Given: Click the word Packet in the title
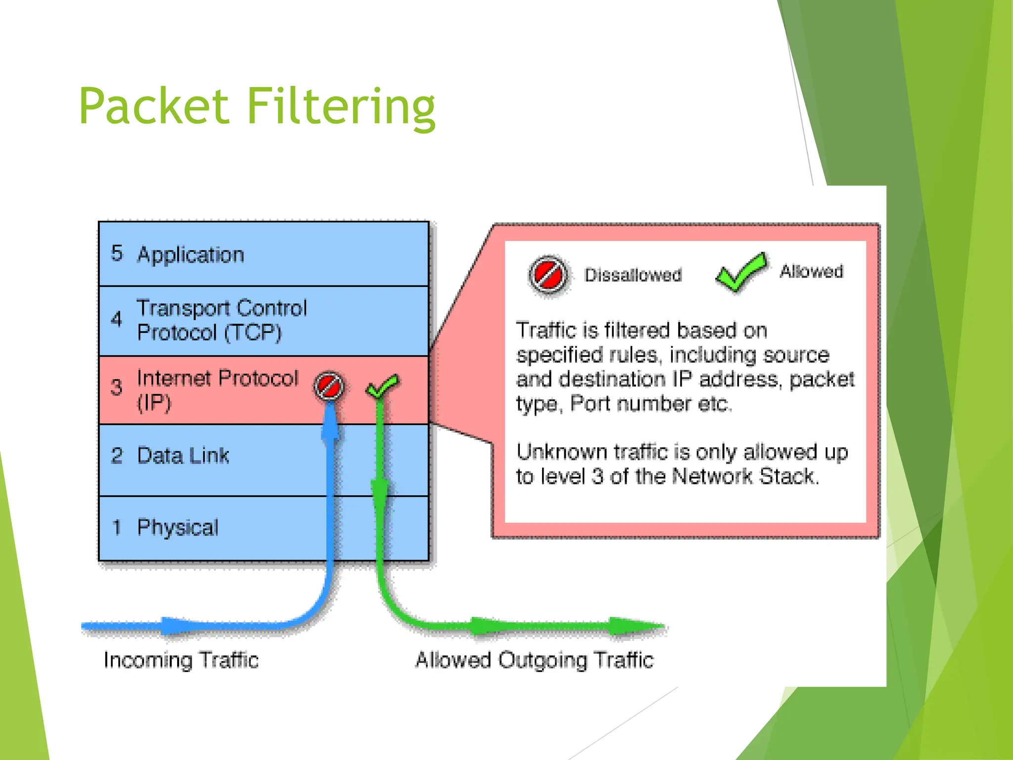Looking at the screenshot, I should [154, 106].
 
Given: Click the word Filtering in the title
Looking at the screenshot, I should [341, 107].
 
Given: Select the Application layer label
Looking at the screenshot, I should [190, 254].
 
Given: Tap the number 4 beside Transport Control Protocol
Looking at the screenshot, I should [116, 319].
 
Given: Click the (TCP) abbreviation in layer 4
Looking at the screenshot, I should [253, 332].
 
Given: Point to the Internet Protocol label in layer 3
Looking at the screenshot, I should [217, 379].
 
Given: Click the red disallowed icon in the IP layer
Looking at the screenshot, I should [329, 385].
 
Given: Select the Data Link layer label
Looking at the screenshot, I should [183, 456].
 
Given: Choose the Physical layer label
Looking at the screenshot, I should [178, 527].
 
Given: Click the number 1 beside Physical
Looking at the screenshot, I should [117, 527].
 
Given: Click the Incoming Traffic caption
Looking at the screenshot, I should [181, 660].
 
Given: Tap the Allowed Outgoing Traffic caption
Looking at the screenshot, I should [534, 660].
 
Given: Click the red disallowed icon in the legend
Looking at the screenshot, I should [548, 275].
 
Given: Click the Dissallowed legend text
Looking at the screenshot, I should [633, 275].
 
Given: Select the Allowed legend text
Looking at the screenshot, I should [811, 272].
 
